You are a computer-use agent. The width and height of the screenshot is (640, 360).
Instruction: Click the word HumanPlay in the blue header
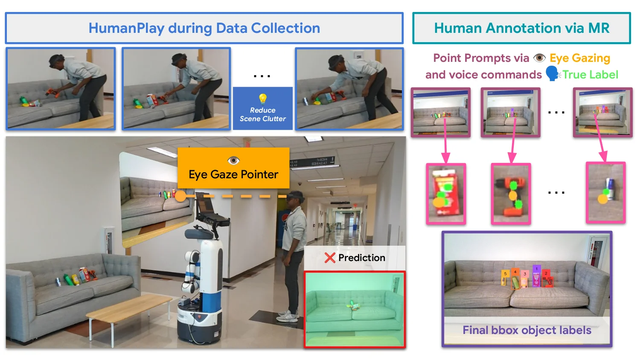click(126, 28)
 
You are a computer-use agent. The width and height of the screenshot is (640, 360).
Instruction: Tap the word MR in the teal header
click(599, 28)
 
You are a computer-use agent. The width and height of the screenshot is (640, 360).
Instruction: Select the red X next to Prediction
click(330, 258)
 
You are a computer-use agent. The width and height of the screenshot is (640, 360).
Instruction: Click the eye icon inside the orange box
click(233, 160)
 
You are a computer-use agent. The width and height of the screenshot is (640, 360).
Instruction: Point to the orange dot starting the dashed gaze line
click(180, 196)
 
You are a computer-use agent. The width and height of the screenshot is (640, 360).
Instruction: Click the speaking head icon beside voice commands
click(553, 74)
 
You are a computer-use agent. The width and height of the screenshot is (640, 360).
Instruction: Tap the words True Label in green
click(590, 75)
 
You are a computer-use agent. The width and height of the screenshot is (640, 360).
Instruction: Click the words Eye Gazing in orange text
click(579, 58)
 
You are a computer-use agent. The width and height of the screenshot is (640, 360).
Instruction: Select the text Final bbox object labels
click(527, 330)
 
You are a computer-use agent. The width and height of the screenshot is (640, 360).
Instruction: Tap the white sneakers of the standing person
click(287, 316)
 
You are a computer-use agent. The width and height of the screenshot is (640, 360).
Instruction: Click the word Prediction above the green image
click(361, 258)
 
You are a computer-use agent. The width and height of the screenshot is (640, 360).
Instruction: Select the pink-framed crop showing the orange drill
click(511, 193)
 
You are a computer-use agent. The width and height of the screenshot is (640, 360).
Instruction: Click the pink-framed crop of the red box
click(446, 193)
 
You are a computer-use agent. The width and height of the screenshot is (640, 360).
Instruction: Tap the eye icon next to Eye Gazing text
click(539, 58)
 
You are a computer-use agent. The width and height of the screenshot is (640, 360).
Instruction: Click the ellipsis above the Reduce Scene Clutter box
click(262, 76)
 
